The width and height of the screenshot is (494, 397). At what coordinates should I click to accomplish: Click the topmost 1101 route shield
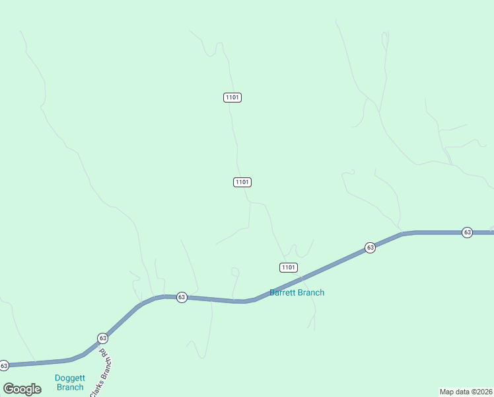coord(232,97)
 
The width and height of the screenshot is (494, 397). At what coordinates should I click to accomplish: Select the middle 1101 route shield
coord(242,182)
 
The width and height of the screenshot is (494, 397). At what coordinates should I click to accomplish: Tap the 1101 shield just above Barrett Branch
coord(288,267)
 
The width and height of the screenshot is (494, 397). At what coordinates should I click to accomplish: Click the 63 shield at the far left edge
coord(4,365)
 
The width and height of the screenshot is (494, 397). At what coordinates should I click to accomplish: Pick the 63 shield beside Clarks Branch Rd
coord(102,337)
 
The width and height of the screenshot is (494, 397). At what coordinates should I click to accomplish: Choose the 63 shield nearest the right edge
coord(467,232)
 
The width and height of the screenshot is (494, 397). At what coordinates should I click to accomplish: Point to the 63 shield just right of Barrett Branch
coord(370,247)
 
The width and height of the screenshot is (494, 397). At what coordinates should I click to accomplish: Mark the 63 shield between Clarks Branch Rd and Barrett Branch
coord(182,297)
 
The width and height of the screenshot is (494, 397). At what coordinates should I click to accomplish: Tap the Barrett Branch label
coord(297,292)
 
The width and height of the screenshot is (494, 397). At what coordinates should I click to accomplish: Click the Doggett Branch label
coord(69,382)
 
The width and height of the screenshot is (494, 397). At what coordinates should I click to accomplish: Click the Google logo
coord(22,389)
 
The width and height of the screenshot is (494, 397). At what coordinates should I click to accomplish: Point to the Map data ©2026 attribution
coord(466,391)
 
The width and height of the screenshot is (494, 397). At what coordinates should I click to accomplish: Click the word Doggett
coord(69,378)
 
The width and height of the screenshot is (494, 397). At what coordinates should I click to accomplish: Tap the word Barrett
coord(283,292)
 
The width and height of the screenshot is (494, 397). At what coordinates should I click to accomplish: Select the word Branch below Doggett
coord(69,387)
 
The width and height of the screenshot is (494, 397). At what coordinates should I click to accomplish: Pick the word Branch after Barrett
coord(312,292)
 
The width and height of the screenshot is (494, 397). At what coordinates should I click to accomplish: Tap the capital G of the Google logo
coord(9,389)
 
